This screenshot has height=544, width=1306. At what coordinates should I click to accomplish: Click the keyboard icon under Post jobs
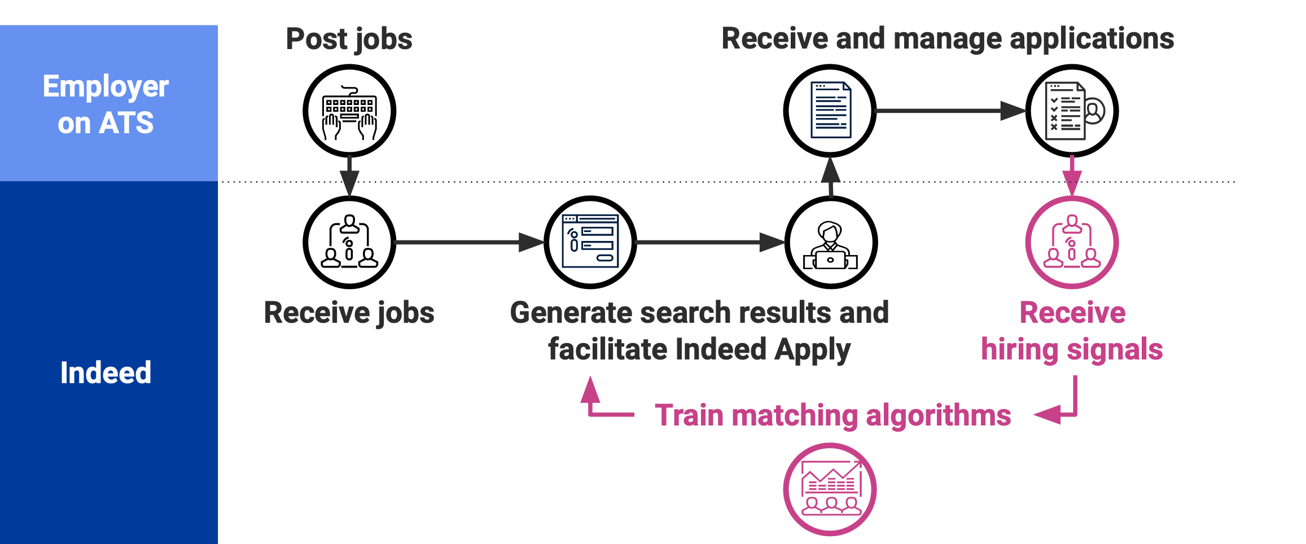[349, 111]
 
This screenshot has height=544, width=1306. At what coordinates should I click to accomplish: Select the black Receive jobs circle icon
[349, 242]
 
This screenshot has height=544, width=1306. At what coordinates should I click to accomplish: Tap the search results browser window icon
[590, 242]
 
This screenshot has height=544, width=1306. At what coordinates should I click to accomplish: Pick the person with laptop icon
[831, 242]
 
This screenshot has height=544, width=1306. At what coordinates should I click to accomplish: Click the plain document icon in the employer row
[830, 111]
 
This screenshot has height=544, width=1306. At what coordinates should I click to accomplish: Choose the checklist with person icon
[1072, 111]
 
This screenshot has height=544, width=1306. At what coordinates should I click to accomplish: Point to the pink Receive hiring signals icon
[1072, 242]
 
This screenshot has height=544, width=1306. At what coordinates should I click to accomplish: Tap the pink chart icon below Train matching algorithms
[830, 489]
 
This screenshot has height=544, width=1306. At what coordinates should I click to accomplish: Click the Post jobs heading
[349, 39]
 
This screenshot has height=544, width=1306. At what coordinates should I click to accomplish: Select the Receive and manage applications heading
[948, 39]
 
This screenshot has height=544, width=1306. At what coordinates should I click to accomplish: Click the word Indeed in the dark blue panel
[106, 373]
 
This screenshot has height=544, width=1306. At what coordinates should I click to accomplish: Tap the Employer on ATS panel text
[106, 104]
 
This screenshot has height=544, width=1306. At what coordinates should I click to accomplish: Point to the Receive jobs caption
[349, 313]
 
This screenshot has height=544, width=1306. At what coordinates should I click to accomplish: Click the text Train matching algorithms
[832, 415]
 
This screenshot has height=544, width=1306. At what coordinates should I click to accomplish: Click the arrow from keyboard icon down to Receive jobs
[349, 175]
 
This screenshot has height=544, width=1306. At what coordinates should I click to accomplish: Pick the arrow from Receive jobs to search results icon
[468, 242]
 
